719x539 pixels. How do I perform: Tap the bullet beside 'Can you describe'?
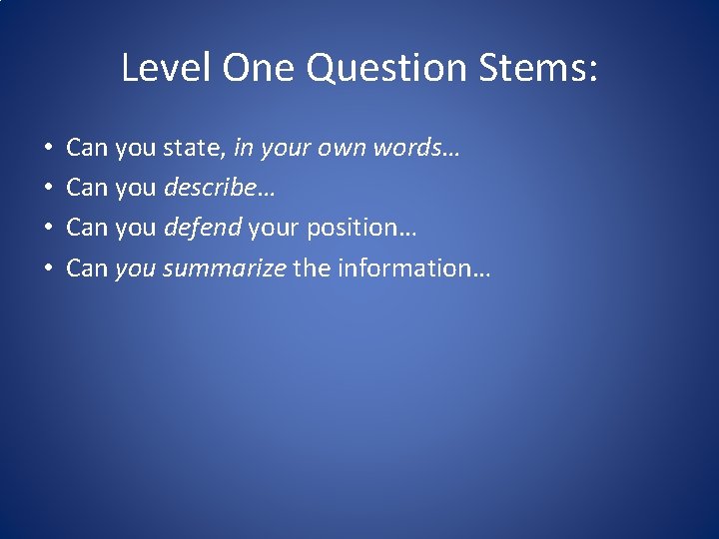49,189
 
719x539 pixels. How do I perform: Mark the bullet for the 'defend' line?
49,229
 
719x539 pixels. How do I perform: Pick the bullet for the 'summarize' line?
49,269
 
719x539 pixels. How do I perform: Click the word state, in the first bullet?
195,149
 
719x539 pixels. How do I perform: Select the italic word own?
345,149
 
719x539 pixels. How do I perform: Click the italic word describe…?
220,188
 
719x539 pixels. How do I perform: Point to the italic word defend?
203,228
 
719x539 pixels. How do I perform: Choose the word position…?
361,228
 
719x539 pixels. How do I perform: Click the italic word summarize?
225,268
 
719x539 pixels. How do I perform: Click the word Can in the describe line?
87,188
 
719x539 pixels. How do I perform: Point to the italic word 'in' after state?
242,149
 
